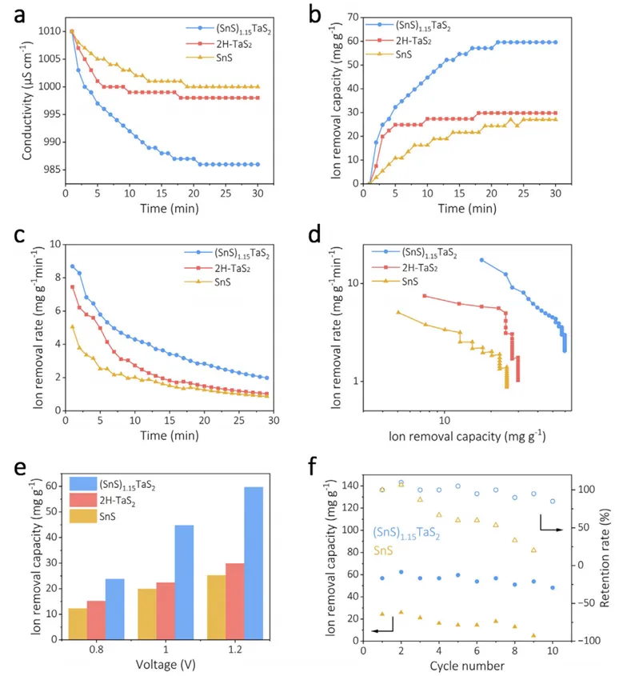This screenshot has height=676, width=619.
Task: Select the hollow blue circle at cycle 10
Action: click(553, 502)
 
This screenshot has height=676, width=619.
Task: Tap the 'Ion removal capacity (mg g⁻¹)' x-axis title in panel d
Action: click(467, 437)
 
